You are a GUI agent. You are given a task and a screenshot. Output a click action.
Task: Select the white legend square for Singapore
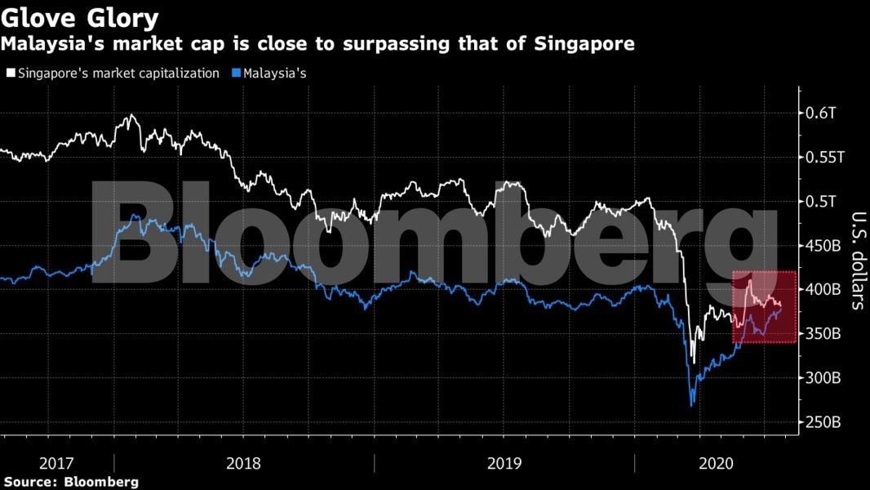[9, 73]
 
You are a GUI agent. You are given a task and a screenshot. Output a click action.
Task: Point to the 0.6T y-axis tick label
[819, 113]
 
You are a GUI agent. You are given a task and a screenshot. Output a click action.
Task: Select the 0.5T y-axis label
[819, 201]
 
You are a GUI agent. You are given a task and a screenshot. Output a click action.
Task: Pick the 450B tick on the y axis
[823, 245]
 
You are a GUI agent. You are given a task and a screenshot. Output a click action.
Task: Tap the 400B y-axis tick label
[823, 289]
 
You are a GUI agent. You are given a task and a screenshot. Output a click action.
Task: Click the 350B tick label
[823, 334]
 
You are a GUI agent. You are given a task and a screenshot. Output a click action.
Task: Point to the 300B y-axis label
[823, 378]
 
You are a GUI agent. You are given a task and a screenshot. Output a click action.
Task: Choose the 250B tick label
[823, 422]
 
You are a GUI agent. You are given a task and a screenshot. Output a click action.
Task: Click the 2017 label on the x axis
[56, 463]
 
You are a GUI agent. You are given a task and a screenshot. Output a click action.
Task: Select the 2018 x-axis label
[244, 463]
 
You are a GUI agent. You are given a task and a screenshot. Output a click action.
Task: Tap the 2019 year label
[504, 463]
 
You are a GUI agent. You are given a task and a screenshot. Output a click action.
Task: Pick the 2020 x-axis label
[716, 463]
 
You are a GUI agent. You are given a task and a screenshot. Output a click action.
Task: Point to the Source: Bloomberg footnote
[69, 482]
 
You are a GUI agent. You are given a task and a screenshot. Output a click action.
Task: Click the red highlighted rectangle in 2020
[763, 307]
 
